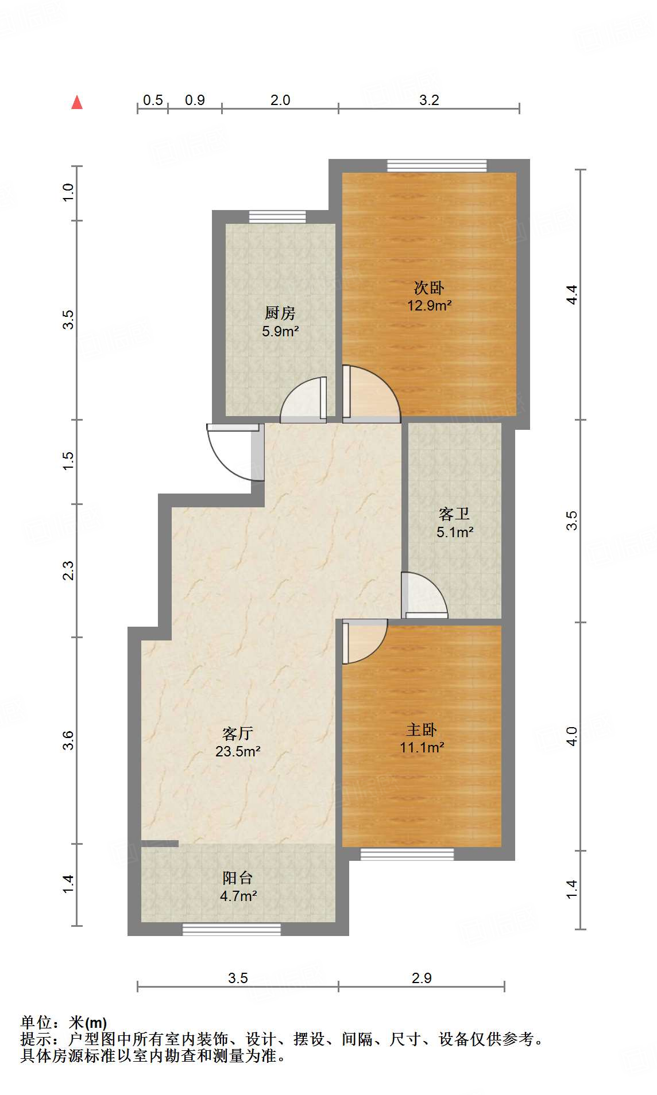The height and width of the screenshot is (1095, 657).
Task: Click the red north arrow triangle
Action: [76, 103]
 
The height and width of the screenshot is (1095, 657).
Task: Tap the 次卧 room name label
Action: [429, 288]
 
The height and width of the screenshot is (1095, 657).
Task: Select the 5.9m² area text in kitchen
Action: [280, 331]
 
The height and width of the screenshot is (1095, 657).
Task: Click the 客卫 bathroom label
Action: [454, 514]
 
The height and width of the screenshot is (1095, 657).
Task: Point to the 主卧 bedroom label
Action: [422, 729]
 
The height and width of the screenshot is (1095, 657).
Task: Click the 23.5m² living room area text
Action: [238, 751]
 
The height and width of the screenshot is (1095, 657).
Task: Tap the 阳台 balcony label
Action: [237, 877]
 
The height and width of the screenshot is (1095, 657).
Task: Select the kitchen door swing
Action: [302, 400]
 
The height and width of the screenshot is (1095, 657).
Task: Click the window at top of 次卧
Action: [436, 166]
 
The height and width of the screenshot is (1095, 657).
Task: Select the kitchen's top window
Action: [277, 217]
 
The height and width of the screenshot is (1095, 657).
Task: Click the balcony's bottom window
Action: [231, 929]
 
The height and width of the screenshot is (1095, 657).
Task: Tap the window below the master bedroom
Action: [407, 854]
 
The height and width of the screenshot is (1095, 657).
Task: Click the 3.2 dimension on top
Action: [429, 100]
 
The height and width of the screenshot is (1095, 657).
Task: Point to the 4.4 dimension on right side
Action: [571, 294]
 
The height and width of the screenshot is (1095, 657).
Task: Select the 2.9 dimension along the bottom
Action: [422, 978]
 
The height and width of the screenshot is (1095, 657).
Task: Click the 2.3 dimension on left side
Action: [68, 570]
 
